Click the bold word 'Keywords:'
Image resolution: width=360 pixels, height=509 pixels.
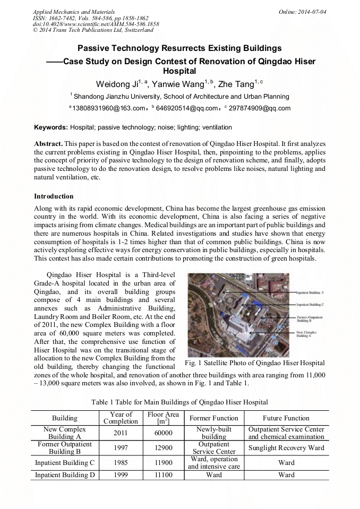(x=51, y=127)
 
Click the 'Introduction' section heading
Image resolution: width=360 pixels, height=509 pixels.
(x=54, y=196)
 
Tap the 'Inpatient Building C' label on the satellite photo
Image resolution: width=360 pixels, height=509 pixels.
(x=310, y=305)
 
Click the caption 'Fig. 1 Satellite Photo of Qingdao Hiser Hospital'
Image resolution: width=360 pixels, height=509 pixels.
(x=254, y=363)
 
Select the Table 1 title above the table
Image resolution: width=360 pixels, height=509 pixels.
(x=179, y=402)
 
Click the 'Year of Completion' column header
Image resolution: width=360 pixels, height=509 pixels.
(x=121, y=418)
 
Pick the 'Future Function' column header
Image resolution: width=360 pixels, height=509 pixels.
(x=286, y=418)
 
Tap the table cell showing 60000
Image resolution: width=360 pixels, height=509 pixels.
(x=162, y=433)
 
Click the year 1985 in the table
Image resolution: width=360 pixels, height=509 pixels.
(x=121, y=462)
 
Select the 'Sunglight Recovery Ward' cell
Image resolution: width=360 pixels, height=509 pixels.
(x=286, y=447)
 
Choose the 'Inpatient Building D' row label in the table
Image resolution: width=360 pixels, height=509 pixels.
(x=65, y=475)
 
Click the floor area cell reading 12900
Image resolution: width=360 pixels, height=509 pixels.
(x=162, y=447)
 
